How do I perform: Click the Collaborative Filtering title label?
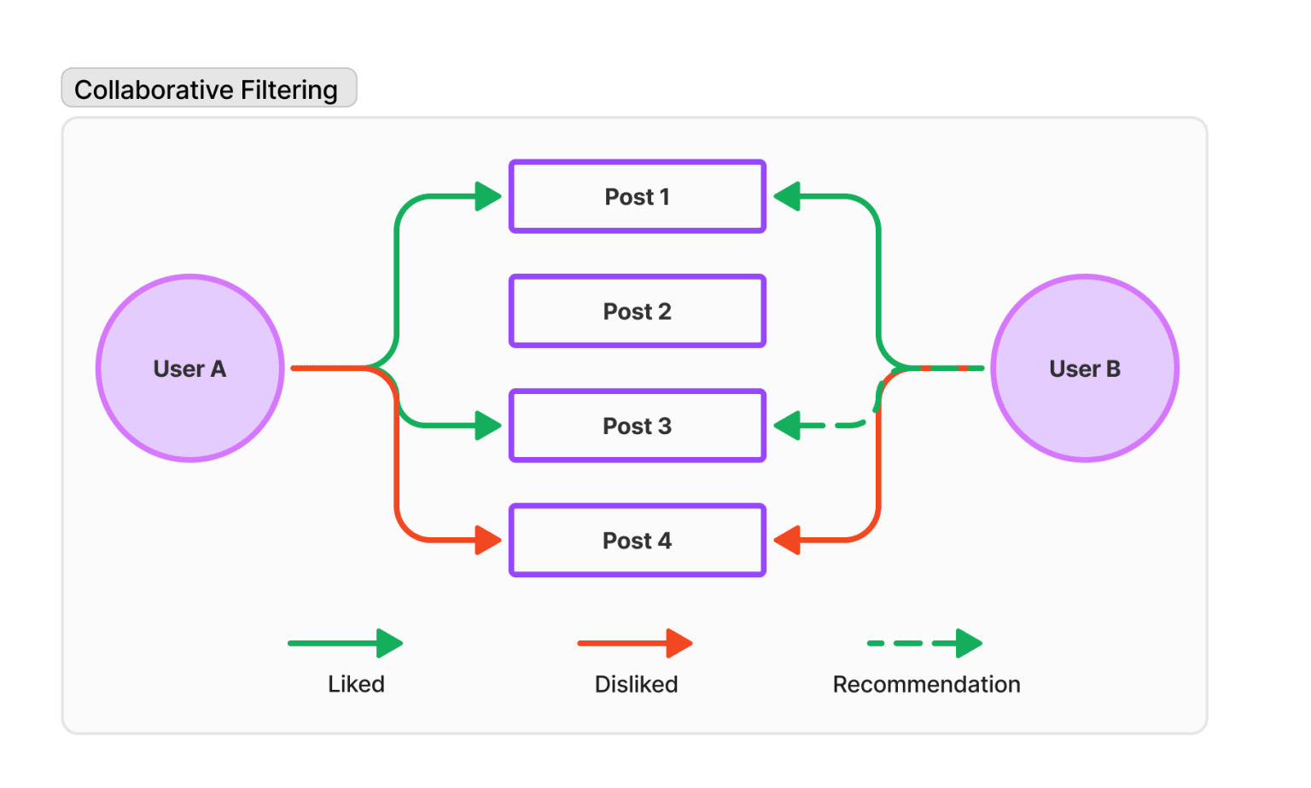(x=209, y=88)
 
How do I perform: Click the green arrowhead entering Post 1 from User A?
(x=488, y=196)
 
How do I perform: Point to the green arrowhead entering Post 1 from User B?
(x=787, y=196)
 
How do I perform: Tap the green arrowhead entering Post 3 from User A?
(x=488, y=426)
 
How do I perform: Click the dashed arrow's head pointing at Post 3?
(x=787, y=426)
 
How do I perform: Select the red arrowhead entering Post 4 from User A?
(x=488, y=540)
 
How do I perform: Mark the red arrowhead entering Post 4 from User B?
(x=787, y=540)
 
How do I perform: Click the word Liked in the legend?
(x=356, y=684)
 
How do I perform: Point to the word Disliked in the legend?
(x=636, y=684)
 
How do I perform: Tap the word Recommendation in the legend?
(x=926, y=684)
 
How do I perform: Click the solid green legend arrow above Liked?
(x=346, y=643)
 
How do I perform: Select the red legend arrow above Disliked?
(x=635, y=643)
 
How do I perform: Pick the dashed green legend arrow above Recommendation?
(x=924, y=643)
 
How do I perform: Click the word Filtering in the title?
(x=289, y=90)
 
